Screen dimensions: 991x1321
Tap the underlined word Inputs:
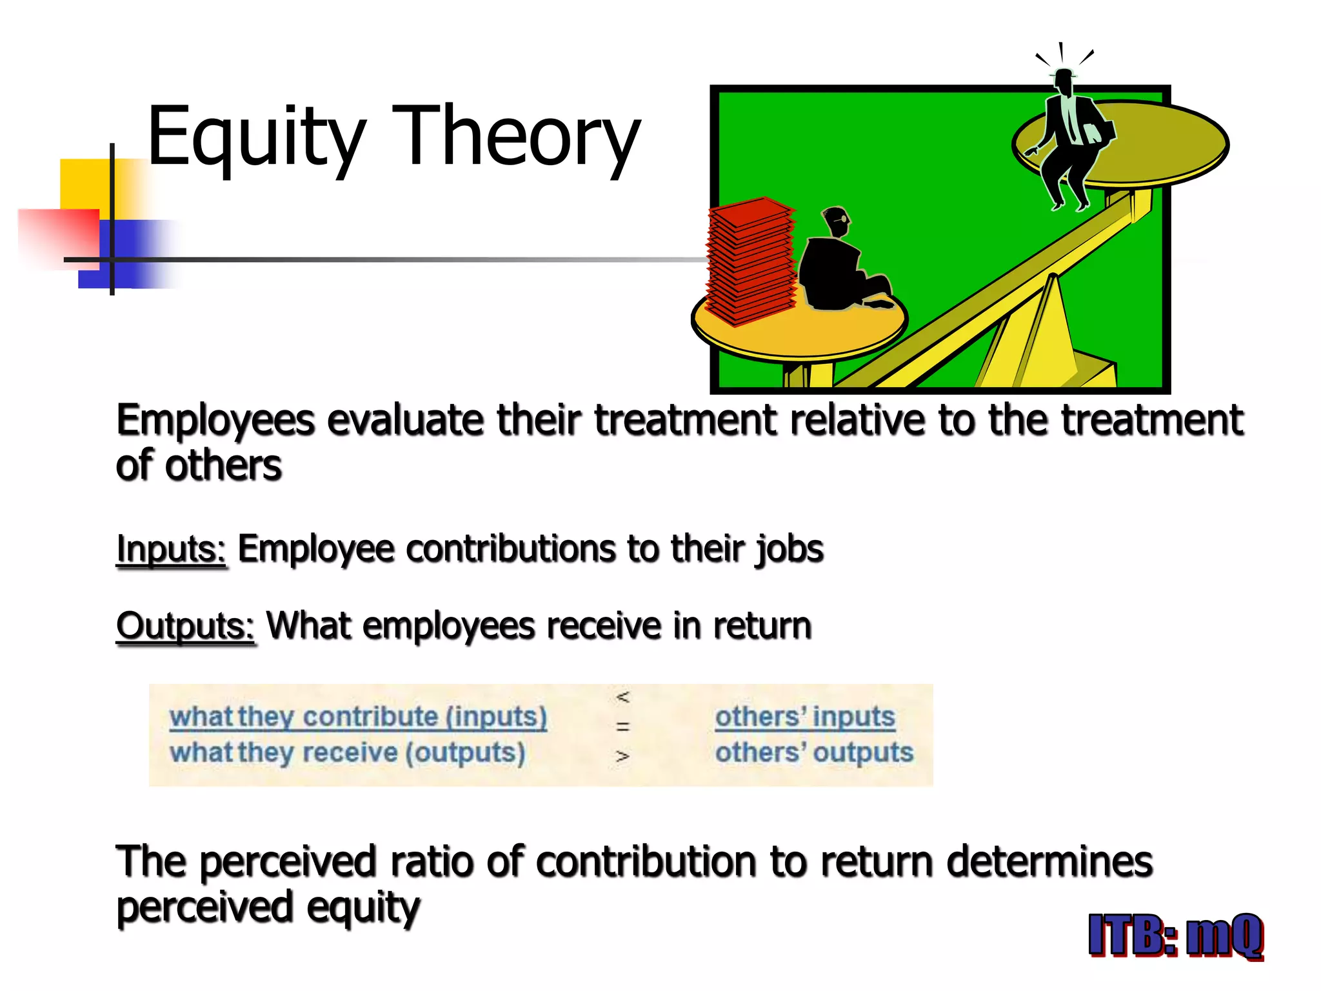point(171,550)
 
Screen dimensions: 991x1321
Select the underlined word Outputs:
point(186,626)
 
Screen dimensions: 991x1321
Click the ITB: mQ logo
point(1175,936)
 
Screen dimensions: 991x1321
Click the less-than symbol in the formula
point(622,697)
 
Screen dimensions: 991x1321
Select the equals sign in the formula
point(622,726)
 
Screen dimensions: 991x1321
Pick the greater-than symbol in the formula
point(622,756)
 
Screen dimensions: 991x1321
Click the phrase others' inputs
point(805,716)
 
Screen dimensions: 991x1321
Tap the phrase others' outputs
point(814,752)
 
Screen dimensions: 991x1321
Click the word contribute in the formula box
point(370,716)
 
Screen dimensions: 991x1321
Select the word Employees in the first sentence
point(215,421)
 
